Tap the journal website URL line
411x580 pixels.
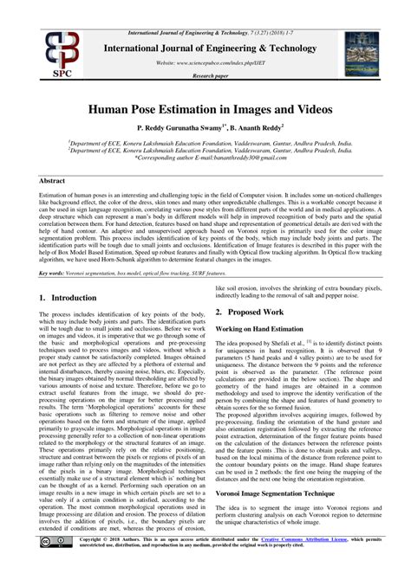(x=205, y=64)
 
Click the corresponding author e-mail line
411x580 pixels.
(x=205, y=160)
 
